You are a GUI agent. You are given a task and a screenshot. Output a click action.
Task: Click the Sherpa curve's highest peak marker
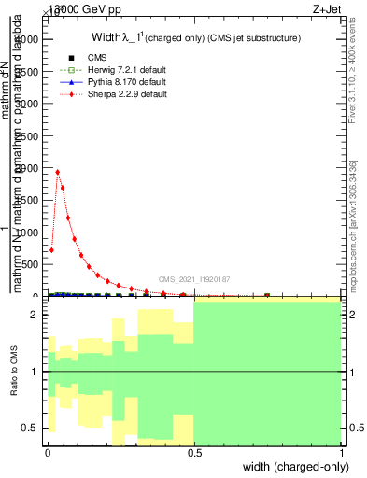pyautogui.click(x=58, y=172)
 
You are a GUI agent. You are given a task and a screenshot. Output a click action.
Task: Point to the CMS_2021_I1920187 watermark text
pyautogui.click(x=193, y=278)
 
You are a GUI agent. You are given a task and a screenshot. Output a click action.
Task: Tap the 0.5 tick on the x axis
pyautogui.click(x=194, y=453)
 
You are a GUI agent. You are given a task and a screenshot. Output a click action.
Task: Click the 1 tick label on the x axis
pyautogui.click(x=342, y=453)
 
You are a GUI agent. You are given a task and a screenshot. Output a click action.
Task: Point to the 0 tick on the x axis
pyautogui.click(x=48, y=453)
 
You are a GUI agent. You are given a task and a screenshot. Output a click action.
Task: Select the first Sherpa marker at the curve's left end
pyautogui.click(x=51, y=249)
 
